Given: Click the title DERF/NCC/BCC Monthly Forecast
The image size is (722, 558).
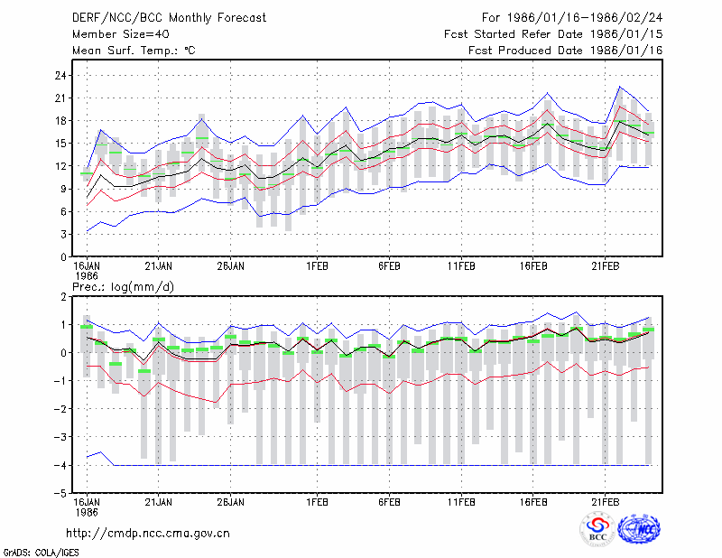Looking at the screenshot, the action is [x=169, y=18].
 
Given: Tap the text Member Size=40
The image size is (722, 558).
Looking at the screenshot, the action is [x=121, y=34].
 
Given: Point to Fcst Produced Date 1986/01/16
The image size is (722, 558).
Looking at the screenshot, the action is [x=566, y=51].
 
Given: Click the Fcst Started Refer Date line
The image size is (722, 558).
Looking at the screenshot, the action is [x=553, y=34].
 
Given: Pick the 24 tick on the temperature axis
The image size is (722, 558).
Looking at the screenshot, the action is [x=60, y=75].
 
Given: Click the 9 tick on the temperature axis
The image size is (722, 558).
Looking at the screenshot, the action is [x=63, y=189].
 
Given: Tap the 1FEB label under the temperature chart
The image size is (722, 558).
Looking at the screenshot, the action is [x=318, y=266].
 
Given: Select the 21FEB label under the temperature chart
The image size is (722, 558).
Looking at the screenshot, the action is [x=605, y=266].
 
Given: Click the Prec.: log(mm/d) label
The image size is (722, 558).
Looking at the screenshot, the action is [x=123, y=287].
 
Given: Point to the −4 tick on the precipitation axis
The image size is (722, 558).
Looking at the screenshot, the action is [x=60, y=465].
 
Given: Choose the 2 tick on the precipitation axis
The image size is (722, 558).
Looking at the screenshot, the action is [x=63, y=297].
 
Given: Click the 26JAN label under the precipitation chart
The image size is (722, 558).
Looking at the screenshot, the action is [x=231, y=502].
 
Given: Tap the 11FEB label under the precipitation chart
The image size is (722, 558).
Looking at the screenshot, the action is [x=461, y=502].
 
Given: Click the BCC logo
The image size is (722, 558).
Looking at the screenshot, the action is [x=597, y=530].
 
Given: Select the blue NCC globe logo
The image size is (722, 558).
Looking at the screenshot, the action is [x=639, y=529].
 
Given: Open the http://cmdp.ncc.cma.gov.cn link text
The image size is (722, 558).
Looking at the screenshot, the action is [x=148, y=534].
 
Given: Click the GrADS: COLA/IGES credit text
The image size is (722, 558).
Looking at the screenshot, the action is [x=41, y=553].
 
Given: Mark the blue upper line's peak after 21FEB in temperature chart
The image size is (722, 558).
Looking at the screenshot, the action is [x=620, y=86].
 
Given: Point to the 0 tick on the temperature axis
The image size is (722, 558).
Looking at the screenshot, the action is [x=63, y=257].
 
